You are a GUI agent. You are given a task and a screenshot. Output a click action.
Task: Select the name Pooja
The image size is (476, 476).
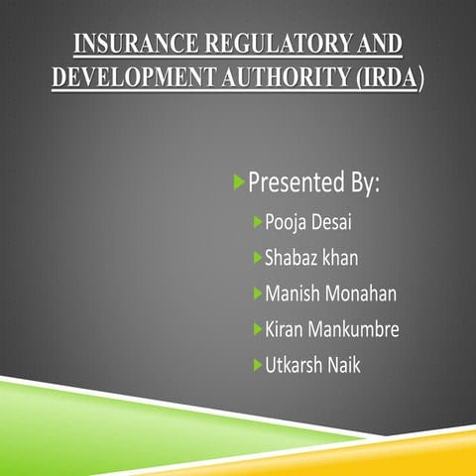pyautogui.click(x=289, y=220)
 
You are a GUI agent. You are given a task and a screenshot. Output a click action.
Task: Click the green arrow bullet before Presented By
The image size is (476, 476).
pyautogui.click(x=238, y=181)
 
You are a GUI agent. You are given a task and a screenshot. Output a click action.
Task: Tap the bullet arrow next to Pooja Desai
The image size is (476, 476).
pyautogui.click(x=258, y=219)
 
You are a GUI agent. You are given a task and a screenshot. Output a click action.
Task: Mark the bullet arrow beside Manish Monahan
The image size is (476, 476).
pyautogui.click(x=258, y=293)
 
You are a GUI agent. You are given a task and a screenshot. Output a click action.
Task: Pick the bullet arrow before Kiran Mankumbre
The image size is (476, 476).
pyautogui.click(x=258, y=328)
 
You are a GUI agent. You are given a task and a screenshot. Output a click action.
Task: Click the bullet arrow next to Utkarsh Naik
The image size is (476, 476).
pyautogui.click(x=258, y=365)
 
